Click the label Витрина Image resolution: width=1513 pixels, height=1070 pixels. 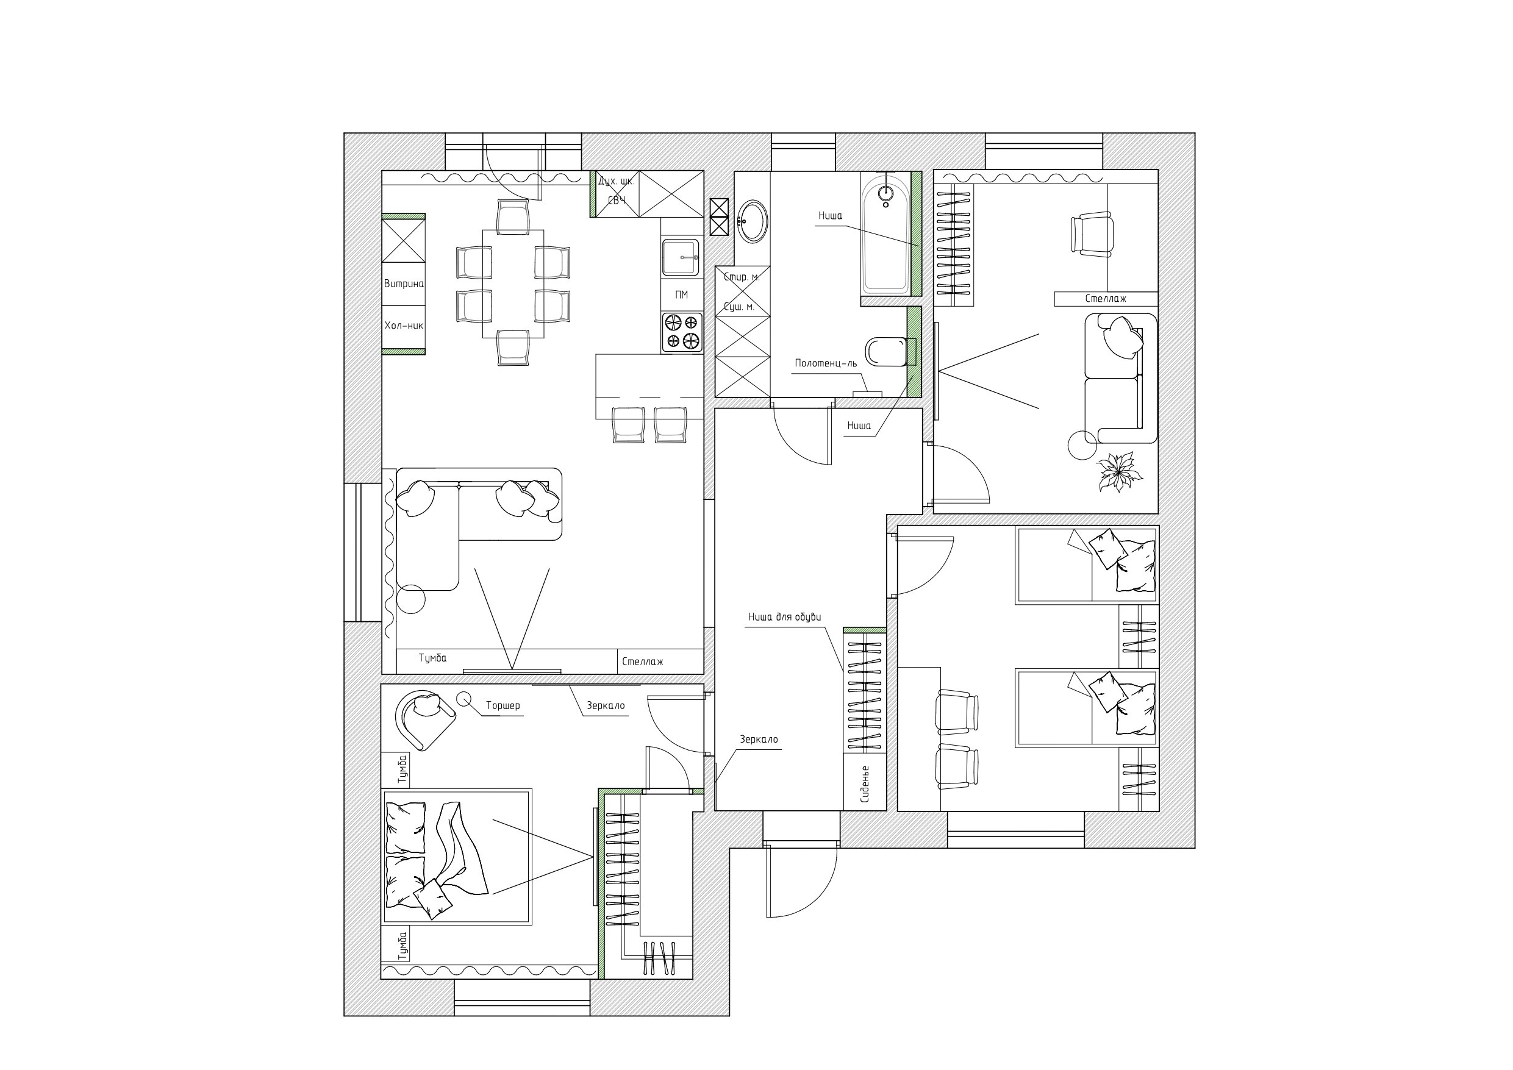(404, 284)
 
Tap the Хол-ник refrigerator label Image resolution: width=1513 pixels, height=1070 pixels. (404, 326)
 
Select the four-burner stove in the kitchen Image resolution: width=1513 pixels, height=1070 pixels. (682, 332)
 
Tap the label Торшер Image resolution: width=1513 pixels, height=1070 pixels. (503, 705)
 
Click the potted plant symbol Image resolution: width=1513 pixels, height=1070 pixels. (1118, 471)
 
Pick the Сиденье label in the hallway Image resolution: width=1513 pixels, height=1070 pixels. (865, 784)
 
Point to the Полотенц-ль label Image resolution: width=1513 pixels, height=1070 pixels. (826, 363)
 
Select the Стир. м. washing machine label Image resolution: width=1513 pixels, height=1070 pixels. (742, 277)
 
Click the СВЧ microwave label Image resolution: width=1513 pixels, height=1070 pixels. (617, 201)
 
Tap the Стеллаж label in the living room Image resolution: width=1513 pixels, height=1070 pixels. (643, 662)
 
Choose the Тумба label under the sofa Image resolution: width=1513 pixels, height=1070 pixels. (432, 658)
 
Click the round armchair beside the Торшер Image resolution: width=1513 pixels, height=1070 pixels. (425, 719)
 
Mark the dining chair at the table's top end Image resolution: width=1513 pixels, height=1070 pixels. (513, 217)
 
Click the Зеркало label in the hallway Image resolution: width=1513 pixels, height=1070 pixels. (759, 740)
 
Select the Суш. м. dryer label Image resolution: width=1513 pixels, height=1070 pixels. (738, 307)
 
